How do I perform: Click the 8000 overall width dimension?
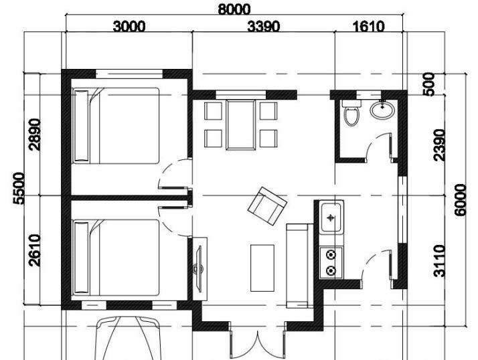click(x=234, y=9)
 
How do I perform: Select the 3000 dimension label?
click(x=129, y=26)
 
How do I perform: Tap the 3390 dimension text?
click(x=263, y=26)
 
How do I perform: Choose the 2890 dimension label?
click(x=35, y=134)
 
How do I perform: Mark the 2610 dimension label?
click(x=35, y=250)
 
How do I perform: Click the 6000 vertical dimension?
click(x=460, y=199)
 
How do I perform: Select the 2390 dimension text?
click(x=439, y=145)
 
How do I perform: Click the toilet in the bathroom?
click(x=351, y=115)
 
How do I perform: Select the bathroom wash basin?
click(x=382, y=109)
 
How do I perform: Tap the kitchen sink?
click(x=331, y=217)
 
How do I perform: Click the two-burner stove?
click(x=331, y=262)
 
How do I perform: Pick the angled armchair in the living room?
click(x=267, y=205)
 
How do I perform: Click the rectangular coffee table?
click(x=262, y=268)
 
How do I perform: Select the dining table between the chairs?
click(x=240, y=124)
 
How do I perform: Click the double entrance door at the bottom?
click(x=257, y=341)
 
